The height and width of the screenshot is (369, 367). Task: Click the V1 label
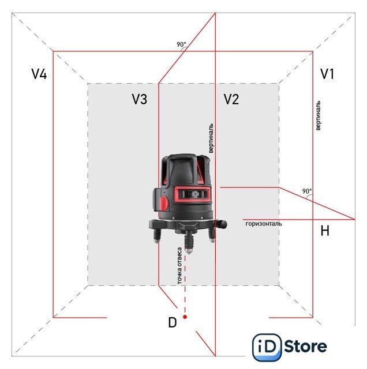pos(327,74)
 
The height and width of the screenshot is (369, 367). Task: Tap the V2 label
pos(231,99)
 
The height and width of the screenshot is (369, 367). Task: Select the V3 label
pos(140,99)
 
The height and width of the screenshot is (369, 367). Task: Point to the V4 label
pos(39,74)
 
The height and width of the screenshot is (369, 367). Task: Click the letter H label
pos(325,231)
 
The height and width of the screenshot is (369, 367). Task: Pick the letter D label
pos(173,322)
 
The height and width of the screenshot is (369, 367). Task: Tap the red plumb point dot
pos(185,317)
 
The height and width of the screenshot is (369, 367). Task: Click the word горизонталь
pos(264,224)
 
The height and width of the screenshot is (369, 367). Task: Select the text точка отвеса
pos(179,266)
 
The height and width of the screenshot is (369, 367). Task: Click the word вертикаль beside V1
pos(318,115)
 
